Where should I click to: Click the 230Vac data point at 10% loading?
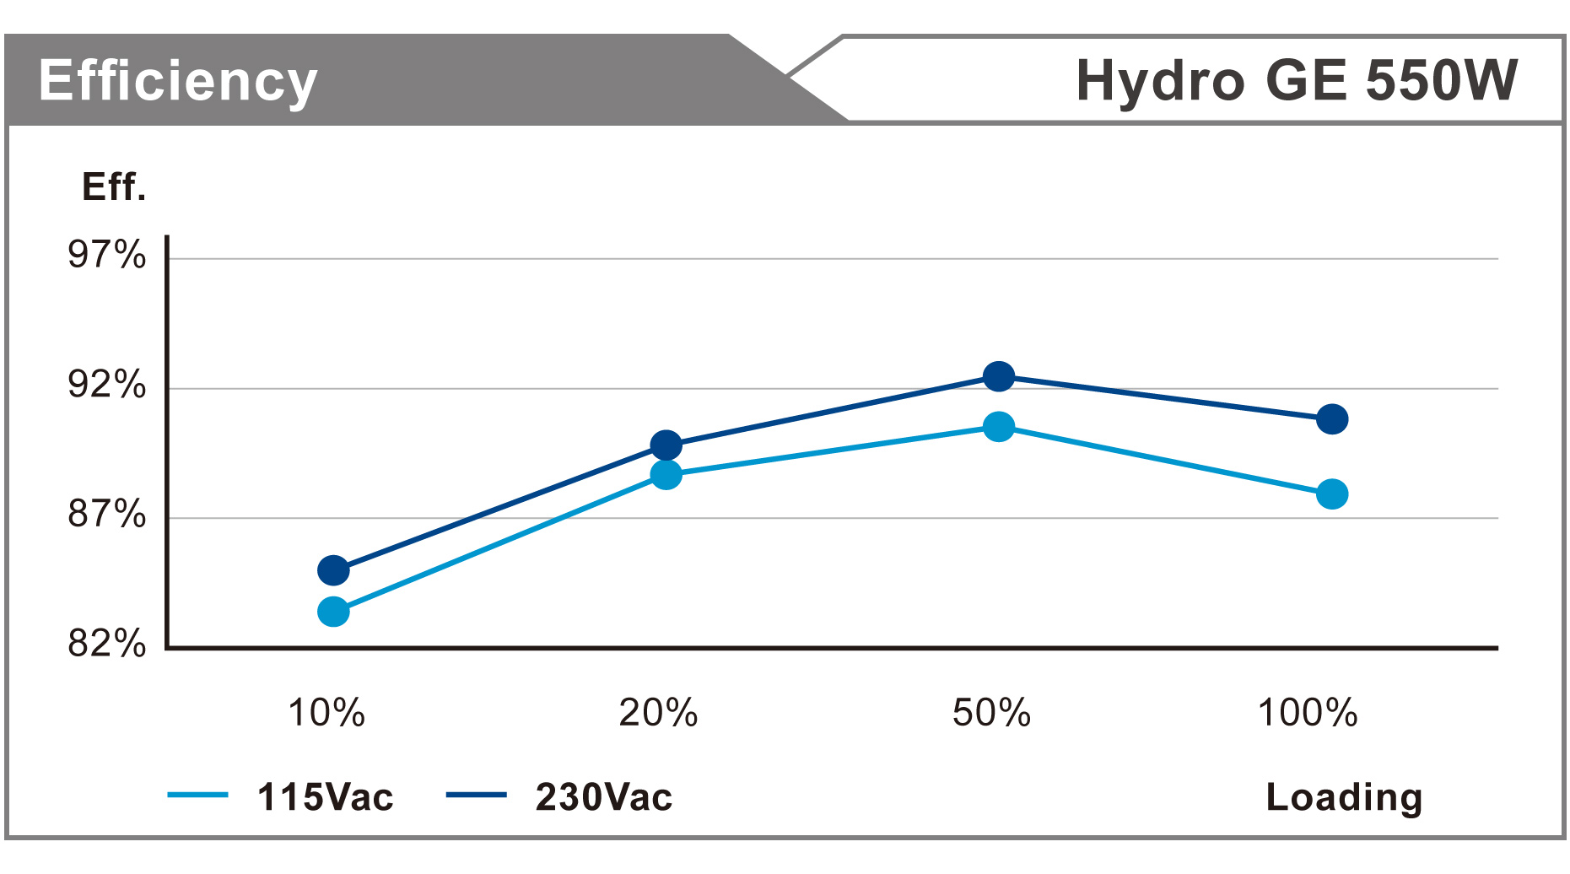coord(333,570)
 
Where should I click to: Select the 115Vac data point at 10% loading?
coord(333,612)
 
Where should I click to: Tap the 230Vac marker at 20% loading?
coord(666,445)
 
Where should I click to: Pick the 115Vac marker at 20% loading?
coord(666,475)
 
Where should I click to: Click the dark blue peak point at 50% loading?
coord(999,376)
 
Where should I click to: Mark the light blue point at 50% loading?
coord(999,427)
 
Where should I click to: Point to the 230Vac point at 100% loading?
coord(1332,418)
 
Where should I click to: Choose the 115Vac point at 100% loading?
coord(1332,494)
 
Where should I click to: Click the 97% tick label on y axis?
coord(107,255)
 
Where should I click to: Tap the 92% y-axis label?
coord(107,385)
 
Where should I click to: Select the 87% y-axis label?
coord(107,514)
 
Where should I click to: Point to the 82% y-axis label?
coord(107,644)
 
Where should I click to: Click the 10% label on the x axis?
coord(326,713)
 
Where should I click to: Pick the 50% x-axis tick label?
coord(991,713)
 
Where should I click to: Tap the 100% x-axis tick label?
coord(1308,713)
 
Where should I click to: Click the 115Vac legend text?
coord(325,797)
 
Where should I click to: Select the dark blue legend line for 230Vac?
coord(476,795)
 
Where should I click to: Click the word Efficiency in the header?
coord(178,81)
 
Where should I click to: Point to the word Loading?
coord(1344,797)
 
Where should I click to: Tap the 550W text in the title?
coord(1442,81)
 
